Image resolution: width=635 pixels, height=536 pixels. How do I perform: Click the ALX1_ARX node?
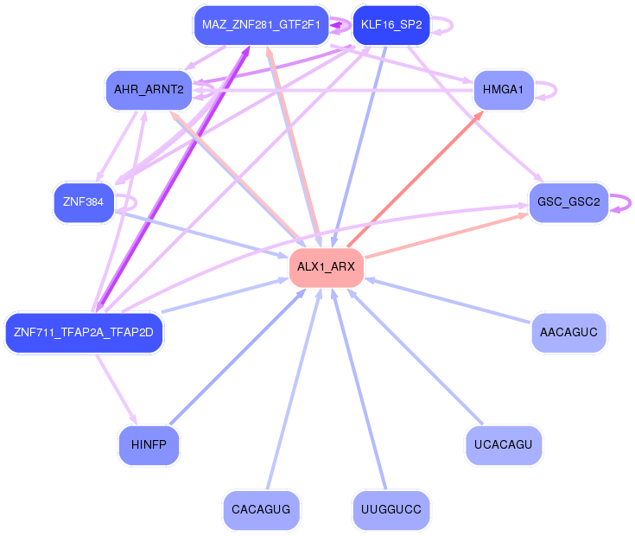pos(326,266)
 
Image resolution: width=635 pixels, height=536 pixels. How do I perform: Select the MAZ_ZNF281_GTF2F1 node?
pos(260,24)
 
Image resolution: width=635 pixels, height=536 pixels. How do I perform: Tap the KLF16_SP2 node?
pos(391,24)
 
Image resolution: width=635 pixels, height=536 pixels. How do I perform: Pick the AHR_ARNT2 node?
pos(149,90)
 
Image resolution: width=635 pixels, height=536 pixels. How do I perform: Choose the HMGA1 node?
pos(504,90)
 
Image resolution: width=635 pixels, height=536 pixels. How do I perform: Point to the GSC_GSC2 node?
pos(568,202)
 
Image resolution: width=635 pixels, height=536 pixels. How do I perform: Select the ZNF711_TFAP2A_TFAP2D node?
pos(84,332)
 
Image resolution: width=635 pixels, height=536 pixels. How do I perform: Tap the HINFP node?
pos(149,445)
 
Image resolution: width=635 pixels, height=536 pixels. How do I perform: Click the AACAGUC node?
pos(568,332)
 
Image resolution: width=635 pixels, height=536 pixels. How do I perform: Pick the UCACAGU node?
pos(503,445)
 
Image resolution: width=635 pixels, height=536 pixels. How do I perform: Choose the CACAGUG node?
pos(261,510)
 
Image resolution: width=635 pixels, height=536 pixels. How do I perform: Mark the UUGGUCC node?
pos(391,510)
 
